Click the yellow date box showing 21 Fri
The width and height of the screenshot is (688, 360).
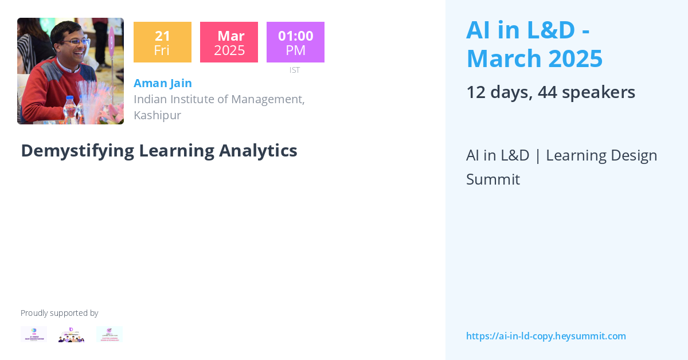pos(162,42)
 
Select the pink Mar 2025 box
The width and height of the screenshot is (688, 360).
pos(229,42)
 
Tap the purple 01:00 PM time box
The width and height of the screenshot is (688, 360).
pos(295,42)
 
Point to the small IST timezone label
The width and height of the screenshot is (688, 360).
pos(294,70)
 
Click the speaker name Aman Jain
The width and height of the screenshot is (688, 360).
pos(163,83)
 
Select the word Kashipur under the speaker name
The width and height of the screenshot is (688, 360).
pos(157,115)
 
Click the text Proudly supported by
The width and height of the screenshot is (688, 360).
pos(59,313)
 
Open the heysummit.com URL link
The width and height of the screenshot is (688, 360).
pos(546,336)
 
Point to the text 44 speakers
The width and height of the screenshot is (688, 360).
pos(587,92)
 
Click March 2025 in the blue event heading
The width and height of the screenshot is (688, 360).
pos(534,58)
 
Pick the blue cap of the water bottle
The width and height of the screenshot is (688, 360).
pos(69,99)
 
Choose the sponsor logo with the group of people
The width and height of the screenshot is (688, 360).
pos(71,335)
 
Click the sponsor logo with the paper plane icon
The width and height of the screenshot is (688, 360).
pos(109,334)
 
